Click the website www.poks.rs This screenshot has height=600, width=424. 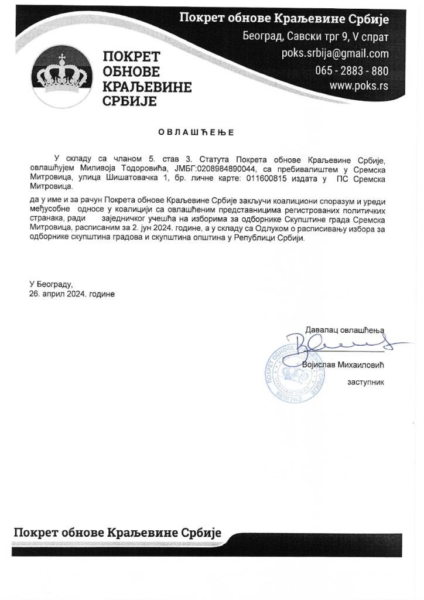pyautogui.click(x=359, y=86)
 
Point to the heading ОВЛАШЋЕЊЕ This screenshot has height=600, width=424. pyautogui.click(x=196, y=132)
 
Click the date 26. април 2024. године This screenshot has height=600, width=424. pyautogui.click(x=72, y=294)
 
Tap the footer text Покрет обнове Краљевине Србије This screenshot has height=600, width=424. pyautogui.click(x=117, y=533)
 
